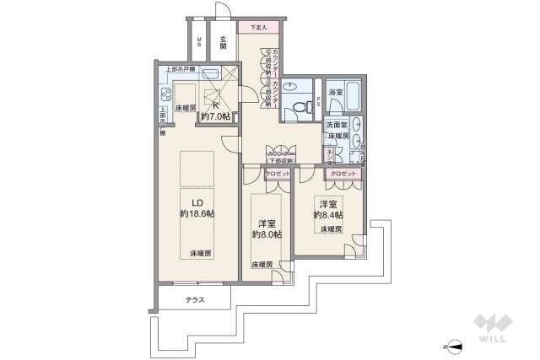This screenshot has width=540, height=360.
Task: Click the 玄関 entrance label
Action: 223,42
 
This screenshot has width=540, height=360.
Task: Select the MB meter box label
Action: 198,42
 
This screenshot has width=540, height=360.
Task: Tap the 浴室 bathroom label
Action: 335,91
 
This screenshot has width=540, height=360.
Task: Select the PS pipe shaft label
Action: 317,101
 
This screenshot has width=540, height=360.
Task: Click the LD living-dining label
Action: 197,202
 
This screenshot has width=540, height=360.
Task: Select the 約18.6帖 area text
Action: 197,215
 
